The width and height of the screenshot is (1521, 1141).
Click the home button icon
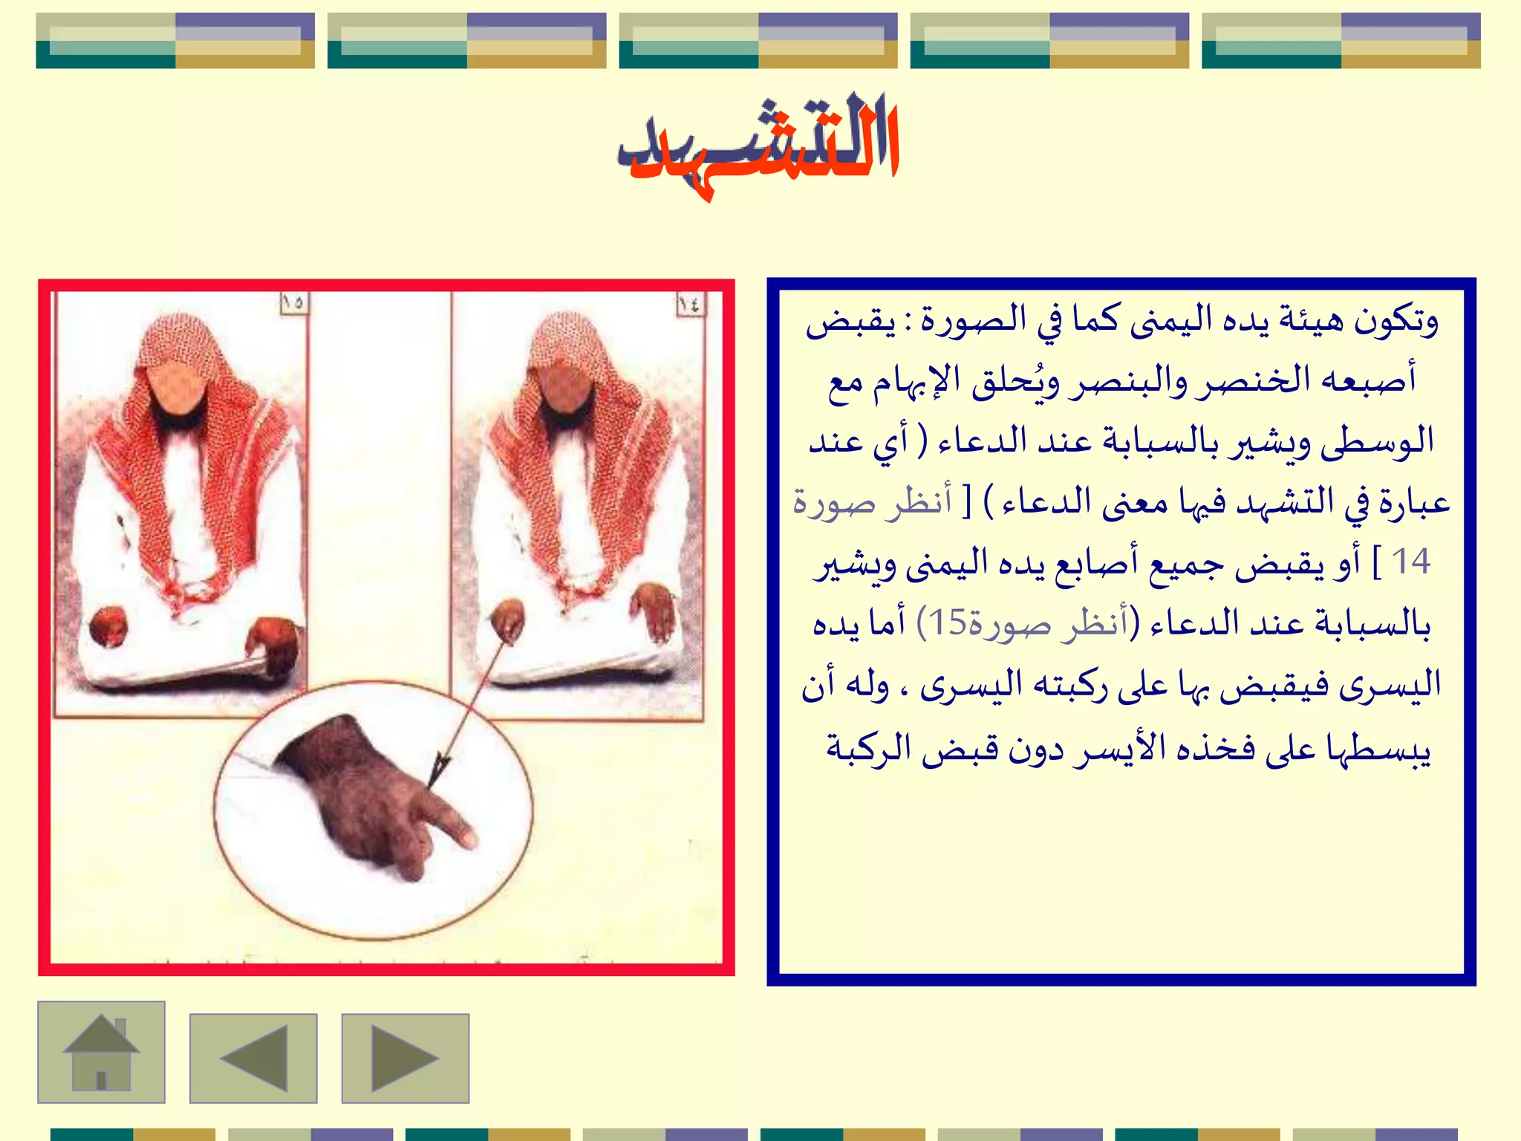tap(101, 1053)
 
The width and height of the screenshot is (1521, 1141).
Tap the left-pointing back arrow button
tap(253, 1059)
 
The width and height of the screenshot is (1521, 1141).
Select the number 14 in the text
tap(1410, 562)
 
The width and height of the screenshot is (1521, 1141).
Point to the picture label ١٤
tap(688, 303)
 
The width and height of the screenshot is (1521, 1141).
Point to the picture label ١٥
tap(293, 302)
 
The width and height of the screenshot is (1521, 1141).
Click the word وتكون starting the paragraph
tap(1395, 321)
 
